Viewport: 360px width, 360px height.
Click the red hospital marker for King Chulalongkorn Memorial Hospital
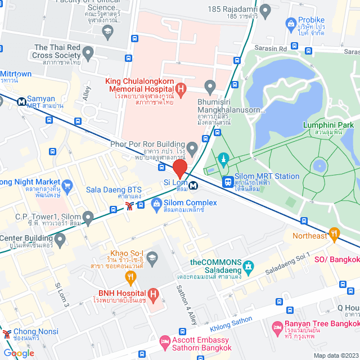[181, 88]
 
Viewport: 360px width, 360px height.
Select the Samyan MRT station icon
[21, 102]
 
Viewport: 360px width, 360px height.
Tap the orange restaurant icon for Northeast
[335, 233]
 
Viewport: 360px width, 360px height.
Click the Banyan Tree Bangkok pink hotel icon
[277, 327]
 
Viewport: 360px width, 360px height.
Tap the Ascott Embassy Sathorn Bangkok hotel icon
[165, 341]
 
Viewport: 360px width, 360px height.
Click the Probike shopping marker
[291, 24]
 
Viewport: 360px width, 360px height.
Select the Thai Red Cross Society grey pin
[88, 53]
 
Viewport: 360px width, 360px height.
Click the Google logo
[19, 353]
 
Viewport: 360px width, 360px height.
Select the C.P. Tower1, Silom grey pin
[88, 217]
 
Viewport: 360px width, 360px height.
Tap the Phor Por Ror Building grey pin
[193, 149]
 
